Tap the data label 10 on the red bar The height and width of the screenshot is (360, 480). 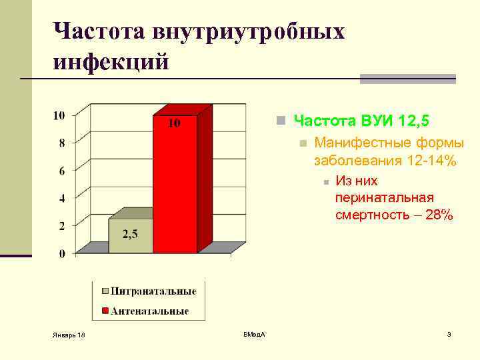[174, 123]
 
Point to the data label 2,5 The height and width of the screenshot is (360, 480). [130, 233]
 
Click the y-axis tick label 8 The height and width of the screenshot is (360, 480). [61, 143]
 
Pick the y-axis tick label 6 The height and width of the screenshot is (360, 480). [61, 171]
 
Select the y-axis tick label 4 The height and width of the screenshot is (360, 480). [61, 198]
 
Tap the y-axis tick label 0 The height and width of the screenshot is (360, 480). [61, 254]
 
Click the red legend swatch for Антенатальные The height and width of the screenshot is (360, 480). [105, 311]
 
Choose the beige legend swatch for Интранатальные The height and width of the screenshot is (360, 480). [105, 291]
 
